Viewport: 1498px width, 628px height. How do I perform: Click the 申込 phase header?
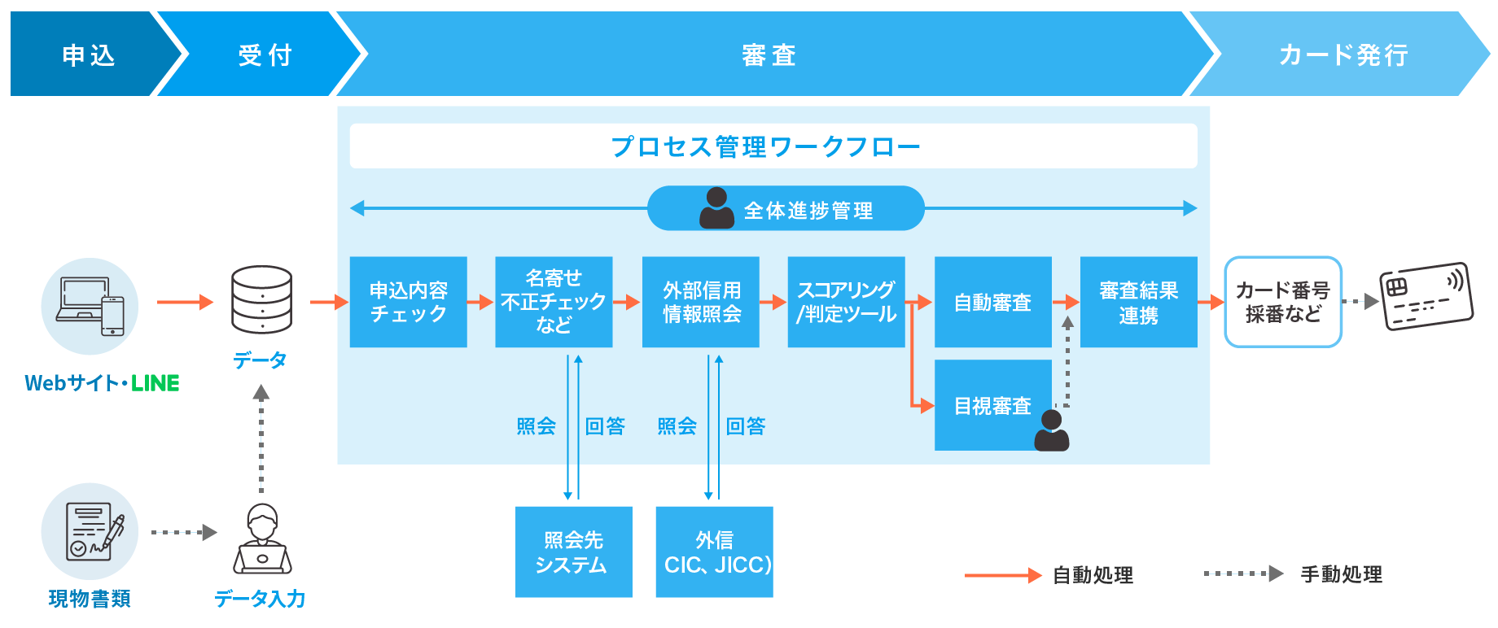pos(88,55)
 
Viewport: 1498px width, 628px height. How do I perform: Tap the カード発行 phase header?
pos(1343,55)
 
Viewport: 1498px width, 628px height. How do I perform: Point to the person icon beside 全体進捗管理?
pos(716,208)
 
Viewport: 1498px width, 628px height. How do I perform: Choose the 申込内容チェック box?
pos(408,302)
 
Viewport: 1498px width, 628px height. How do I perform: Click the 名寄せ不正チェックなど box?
pos(554,302)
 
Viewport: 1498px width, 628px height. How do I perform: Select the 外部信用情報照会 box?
pos(700,302)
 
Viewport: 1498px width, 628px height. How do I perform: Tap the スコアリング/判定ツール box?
pos(846,302)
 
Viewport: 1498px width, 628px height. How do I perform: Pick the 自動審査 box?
pos(992,302)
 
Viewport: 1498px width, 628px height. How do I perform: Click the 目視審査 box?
pos(992,405)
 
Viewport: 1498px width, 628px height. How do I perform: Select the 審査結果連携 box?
pos(1138,302)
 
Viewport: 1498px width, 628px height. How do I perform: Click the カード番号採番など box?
pos(1282,302)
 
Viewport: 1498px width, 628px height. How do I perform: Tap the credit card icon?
pos(1426,296)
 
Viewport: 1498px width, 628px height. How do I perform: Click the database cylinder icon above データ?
pos(261,299)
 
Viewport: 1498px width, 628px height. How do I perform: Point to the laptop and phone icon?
pos(90,306)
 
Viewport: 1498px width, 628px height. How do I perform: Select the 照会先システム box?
pos(573,552)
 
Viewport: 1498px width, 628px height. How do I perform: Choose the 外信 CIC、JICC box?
pos(714,552)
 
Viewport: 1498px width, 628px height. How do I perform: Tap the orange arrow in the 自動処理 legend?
pos(1002,575)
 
